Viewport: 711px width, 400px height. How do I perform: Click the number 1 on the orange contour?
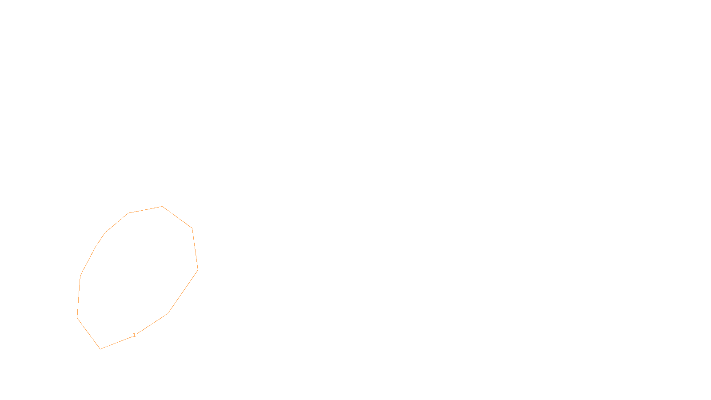point(134,335)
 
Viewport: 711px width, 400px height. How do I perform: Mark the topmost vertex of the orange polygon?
point(162,207)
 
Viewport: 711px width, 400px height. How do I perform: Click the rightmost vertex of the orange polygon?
point(198,269)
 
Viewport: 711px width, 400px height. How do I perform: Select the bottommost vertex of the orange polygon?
point(100,349)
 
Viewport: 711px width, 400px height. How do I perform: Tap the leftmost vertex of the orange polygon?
point(77,317)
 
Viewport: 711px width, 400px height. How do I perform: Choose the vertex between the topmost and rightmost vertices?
point(192,228)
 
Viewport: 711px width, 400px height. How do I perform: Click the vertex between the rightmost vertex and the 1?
point(168,314)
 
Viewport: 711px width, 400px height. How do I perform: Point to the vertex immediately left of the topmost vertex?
point(128,213)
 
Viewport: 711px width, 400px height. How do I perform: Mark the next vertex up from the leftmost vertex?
point(80,276)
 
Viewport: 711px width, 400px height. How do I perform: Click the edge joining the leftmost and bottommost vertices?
point(89,333)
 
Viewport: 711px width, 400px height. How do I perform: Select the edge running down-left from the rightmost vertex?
point(183,292)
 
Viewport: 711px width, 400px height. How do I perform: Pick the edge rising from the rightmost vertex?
point(195,249)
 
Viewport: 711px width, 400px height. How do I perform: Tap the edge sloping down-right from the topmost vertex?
point(177,217)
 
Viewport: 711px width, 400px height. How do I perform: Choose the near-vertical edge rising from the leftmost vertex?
point(79,296)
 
